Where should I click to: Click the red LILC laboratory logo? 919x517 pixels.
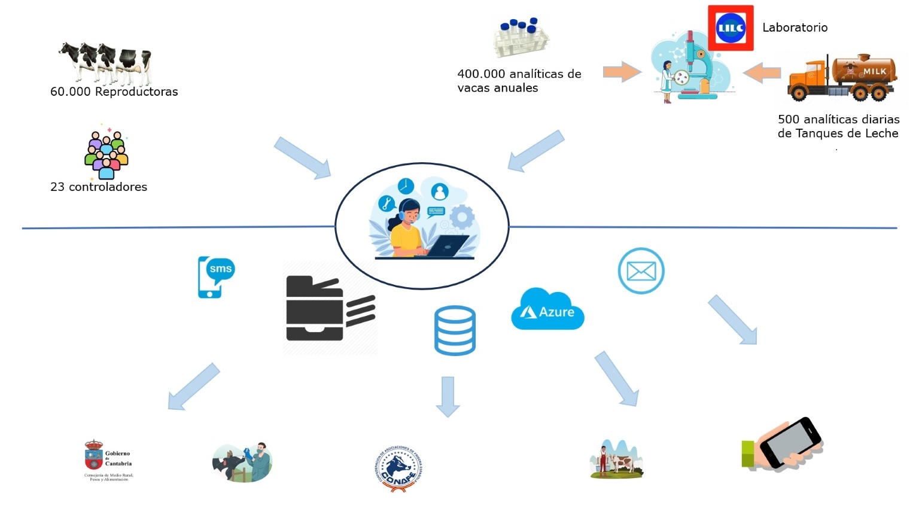pos(731,28)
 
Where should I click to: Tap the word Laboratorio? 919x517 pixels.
pos(795,28)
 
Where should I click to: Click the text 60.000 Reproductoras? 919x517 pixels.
pos(114,92)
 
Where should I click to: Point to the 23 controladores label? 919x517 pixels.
pos(99,187)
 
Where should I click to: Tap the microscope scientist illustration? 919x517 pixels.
pos(690,69)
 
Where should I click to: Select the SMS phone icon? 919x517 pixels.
pos(215,277)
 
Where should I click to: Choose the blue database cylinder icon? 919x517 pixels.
pos(455,330)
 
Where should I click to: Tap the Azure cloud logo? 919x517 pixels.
pos(547,310)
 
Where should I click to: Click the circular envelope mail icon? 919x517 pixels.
pos(641,271)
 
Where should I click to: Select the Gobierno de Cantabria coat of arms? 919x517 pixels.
pos(93,456)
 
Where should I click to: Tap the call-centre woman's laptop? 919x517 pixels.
pos(448,245)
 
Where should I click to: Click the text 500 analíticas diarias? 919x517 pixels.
pos(838,119)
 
